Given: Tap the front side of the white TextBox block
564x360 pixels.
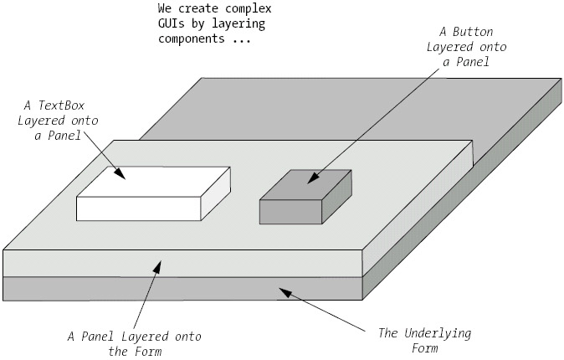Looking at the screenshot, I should point(139,208).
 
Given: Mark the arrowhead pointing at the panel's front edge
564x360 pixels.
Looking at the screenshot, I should point(156,267).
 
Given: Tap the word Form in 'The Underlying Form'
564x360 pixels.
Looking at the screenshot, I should point(424,348).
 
